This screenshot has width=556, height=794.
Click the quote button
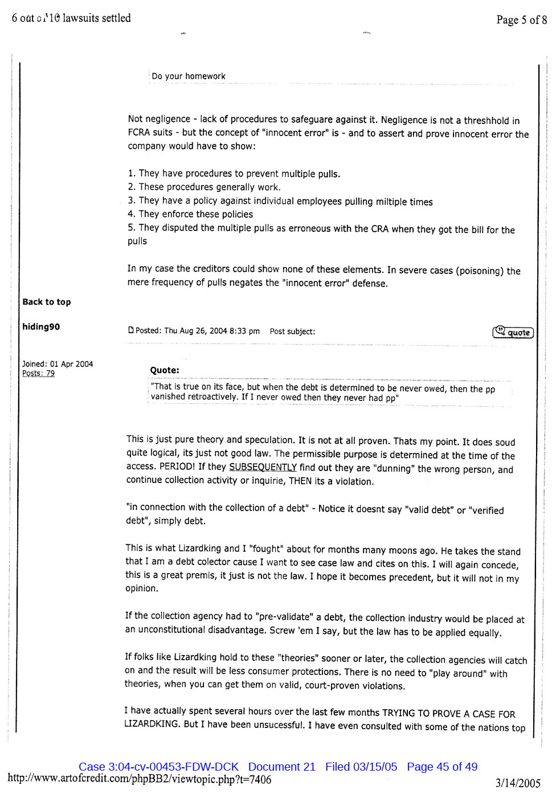tap(513, 332)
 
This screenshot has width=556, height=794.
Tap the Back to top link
tap(47, 302)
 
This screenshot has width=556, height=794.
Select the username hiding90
tap(41, 326)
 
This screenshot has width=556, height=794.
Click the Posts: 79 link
tap(38, 373)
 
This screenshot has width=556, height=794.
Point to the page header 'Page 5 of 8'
tap(521, 20)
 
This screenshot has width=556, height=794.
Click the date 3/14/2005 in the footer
tap(517, 783)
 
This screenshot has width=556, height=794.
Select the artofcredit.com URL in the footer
tap(140, 779)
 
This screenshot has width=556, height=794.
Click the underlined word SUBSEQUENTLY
tap(263, 467)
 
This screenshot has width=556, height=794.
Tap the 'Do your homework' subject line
tap(189, 76)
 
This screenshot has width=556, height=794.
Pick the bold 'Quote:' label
tap(165, 370)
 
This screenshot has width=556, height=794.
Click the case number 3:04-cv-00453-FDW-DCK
tap(158, 767)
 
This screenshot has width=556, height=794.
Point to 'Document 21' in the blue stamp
tap(281, 767)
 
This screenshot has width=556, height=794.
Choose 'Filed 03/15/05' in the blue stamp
tap(361, 767)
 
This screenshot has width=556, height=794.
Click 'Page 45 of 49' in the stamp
tap(442, 767)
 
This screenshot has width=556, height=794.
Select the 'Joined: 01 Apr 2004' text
tap(58, 364)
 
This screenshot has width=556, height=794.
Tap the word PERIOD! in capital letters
tap(178, 466)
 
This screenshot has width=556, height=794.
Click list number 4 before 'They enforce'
tap(131, 214)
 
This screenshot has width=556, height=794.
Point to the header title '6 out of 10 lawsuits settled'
tap(71, 18)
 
